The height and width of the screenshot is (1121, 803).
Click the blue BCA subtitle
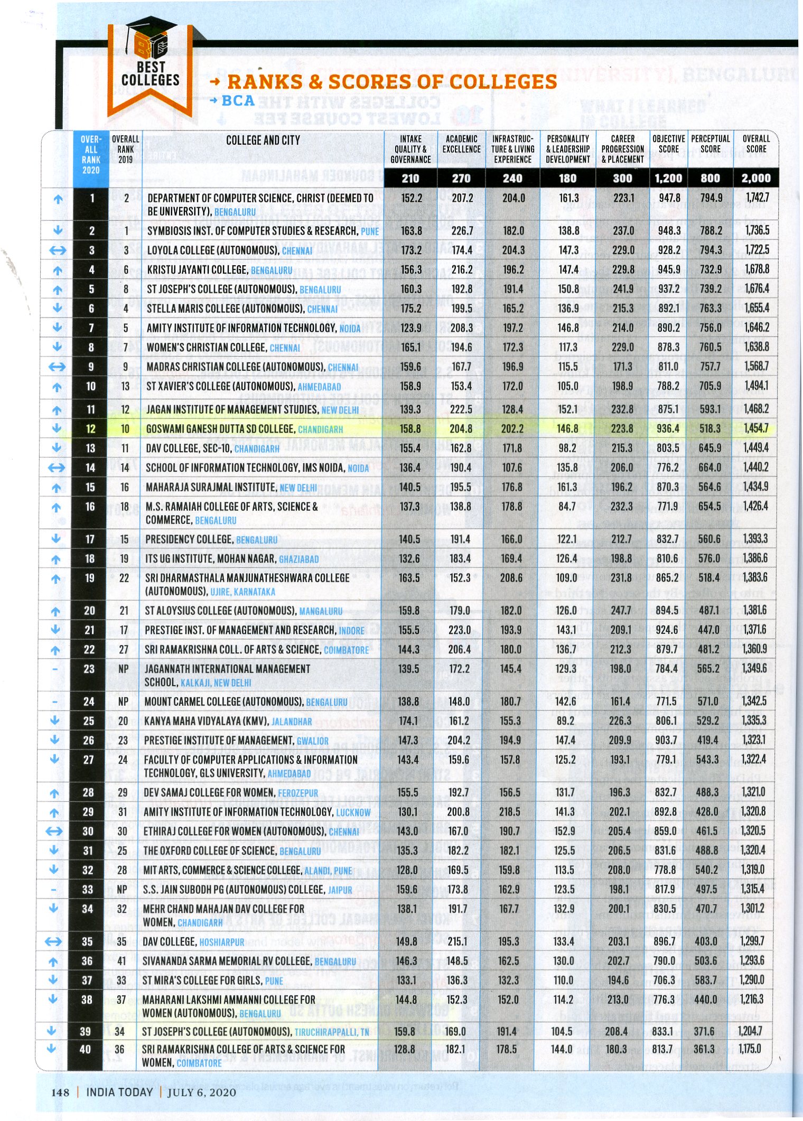(238, 100)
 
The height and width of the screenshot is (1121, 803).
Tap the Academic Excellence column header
(461, 144)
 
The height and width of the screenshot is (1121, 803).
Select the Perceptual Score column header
(710, 144)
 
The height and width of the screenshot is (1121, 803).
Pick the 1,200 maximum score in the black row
(668, 178)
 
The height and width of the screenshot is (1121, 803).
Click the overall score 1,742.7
(757, 198)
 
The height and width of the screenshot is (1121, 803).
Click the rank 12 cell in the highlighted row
(91, 429)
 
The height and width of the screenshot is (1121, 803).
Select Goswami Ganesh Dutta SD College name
(220, 429)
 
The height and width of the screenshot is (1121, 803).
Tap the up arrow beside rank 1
(58, 199)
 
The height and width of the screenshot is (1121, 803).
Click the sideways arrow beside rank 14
(57, 468)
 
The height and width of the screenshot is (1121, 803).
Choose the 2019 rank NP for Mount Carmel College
(123, 702)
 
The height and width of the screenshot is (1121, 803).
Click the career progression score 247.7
(621, 610)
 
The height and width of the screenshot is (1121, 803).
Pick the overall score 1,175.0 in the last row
(750, 1049)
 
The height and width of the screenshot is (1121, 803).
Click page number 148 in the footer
(60, 1092)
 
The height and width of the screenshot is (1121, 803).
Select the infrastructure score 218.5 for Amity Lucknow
(510, 811)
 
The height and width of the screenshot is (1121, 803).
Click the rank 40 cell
(85, 1049)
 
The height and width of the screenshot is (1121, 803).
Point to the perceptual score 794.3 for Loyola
(709, 250)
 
